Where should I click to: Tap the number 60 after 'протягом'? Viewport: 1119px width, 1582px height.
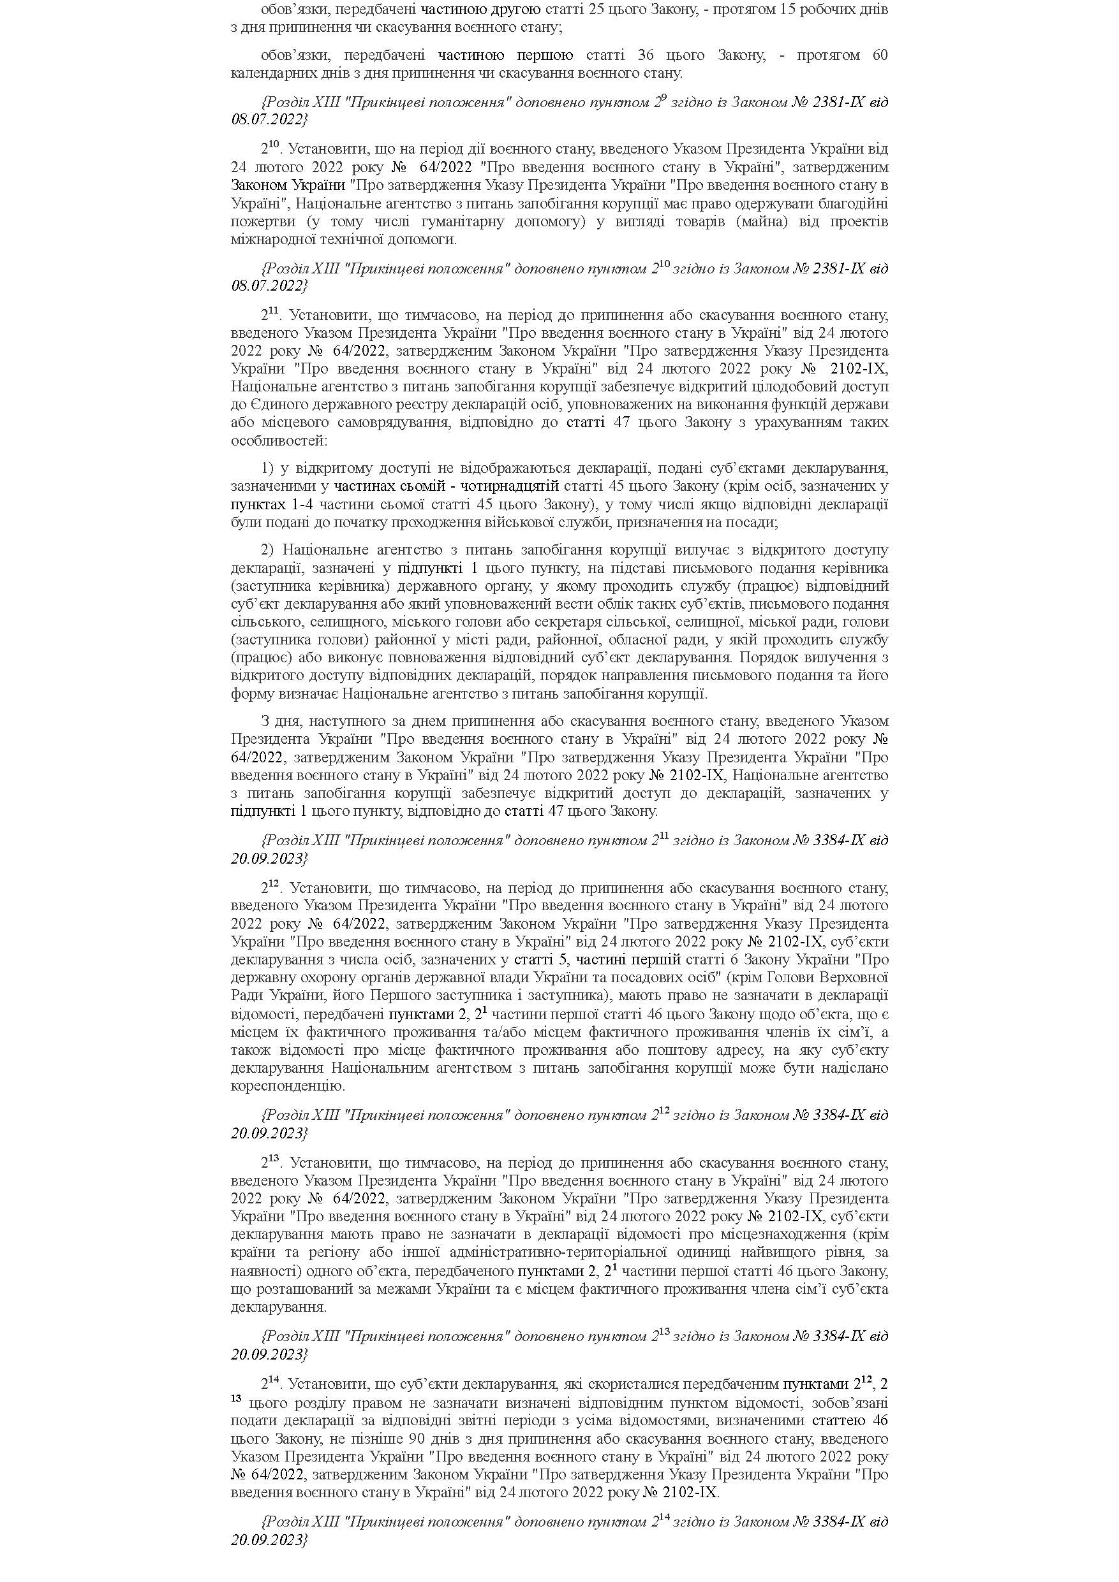click(879, 55)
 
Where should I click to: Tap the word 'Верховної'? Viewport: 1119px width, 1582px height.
click(857, 978)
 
